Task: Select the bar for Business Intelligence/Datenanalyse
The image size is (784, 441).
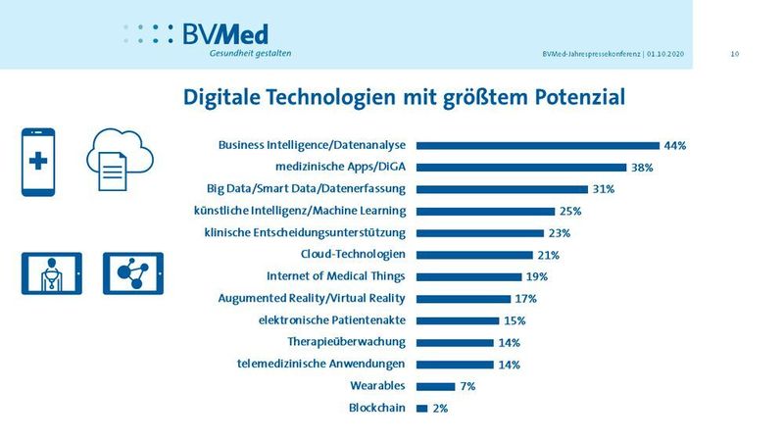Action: pos(537,145)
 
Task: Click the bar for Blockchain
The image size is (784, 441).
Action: pos(421,408)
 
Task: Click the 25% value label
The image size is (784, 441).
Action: pos(570,211)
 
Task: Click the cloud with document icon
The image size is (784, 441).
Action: pos(116,163)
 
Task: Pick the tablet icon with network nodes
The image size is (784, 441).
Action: pos(132,273)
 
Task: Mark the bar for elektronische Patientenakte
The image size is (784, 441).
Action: pos(458,320)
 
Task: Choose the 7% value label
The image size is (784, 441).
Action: pos(466,386)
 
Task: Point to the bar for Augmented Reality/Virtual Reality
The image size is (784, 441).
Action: pos(464,298)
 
